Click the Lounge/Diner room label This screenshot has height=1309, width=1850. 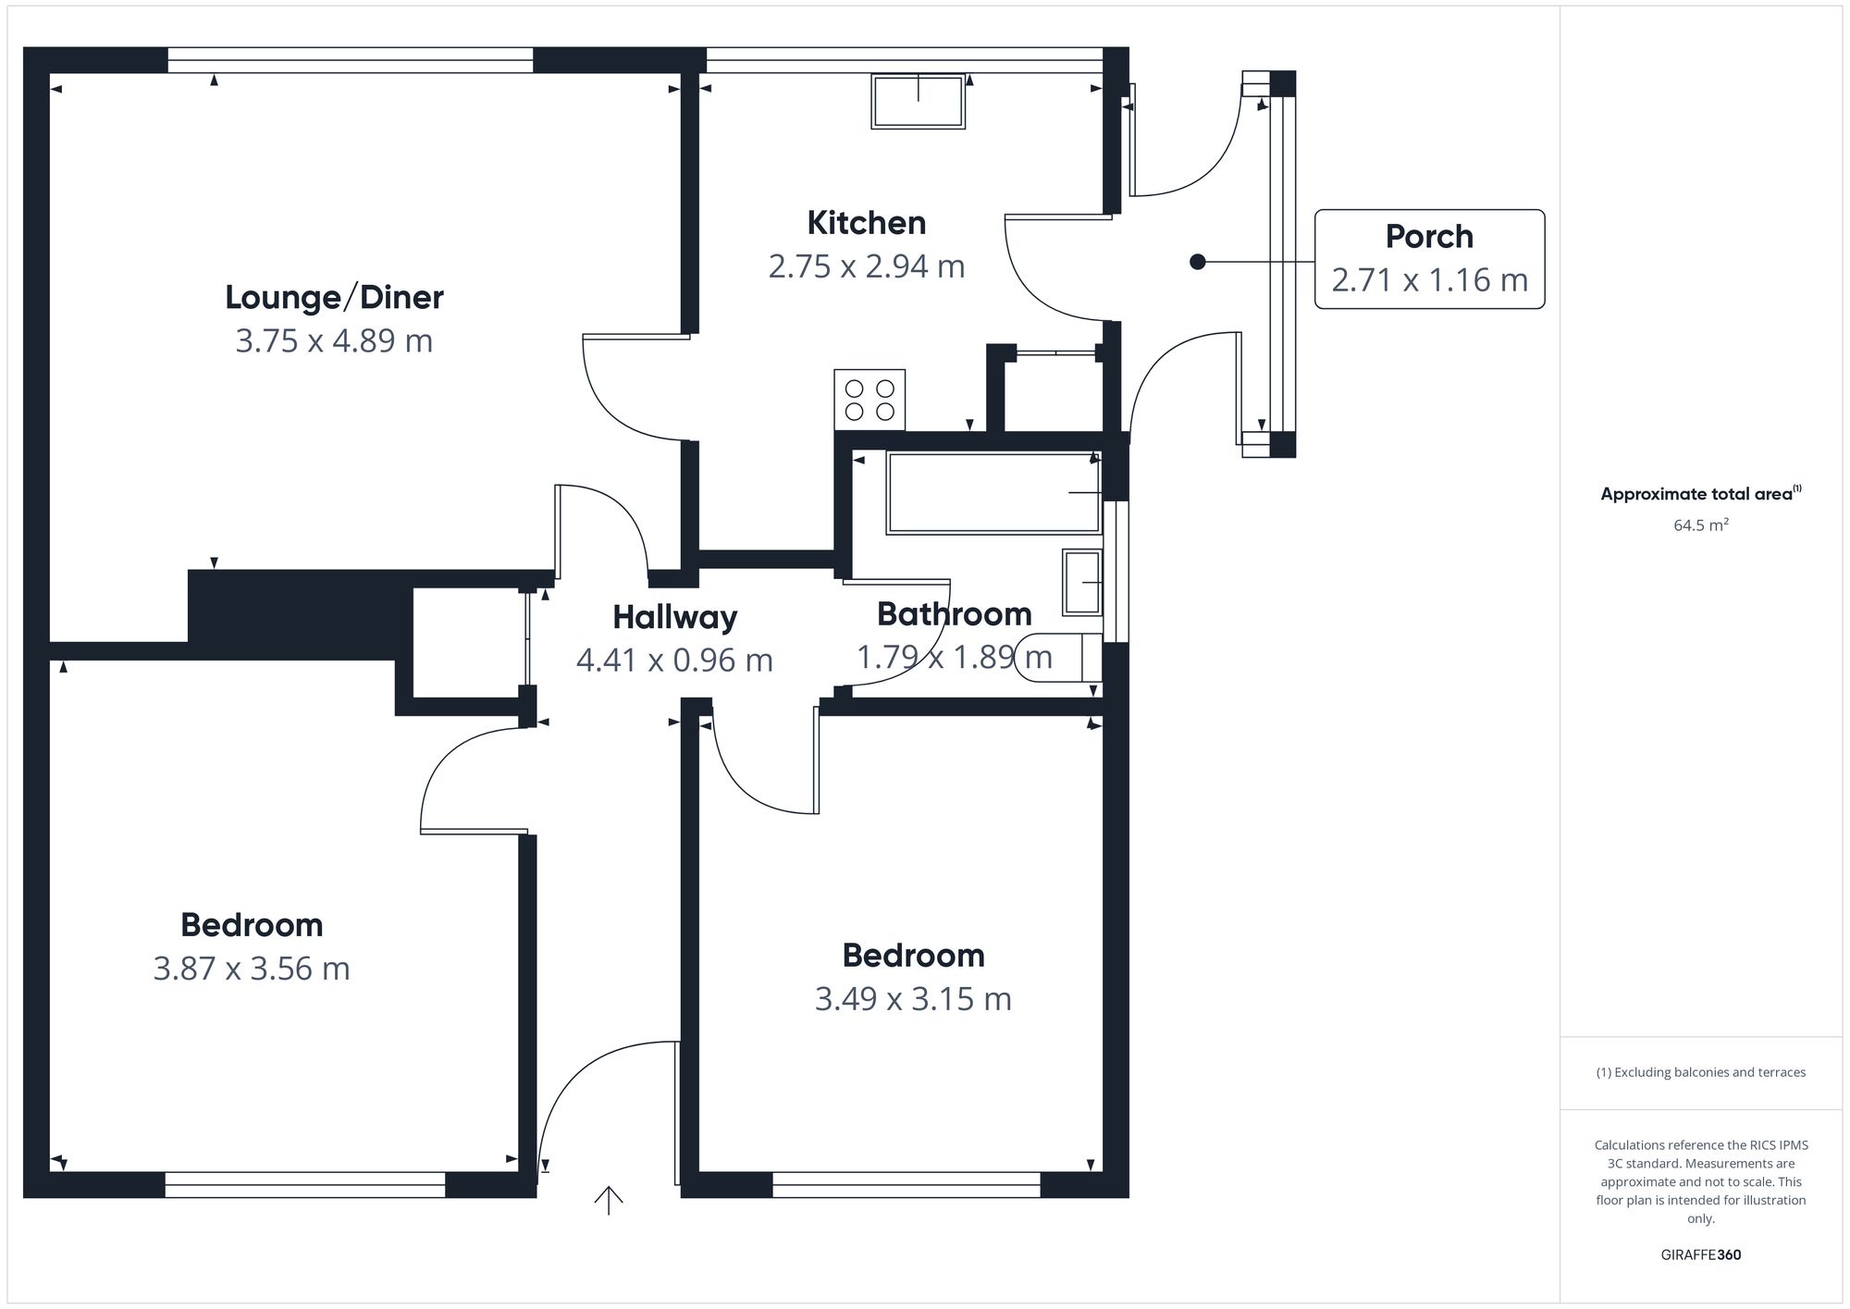pos(334,297)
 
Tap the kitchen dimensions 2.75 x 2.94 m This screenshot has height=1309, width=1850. pos(867,266)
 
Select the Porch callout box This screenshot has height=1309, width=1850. pos(1429,259)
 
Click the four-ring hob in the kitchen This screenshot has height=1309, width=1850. pos(869,400)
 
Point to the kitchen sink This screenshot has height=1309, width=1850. pos(918,101)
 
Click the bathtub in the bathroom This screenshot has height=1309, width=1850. pos(993,492)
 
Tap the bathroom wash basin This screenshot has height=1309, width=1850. pos(1082,582)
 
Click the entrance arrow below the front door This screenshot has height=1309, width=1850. pos(609,1200)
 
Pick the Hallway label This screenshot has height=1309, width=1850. pos(675,617)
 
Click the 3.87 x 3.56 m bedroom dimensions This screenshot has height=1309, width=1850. pos(252,969)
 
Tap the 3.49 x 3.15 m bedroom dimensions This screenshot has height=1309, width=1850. pos(913,999)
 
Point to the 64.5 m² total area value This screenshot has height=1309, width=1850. pos(1701,525)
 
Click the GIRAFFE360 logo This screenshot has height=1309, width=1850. pos(1701,1255)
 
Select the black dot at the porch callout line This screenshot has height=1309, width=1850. pos(1198,262)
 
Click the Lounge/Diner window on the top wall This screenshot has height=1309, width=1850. pos(351,60)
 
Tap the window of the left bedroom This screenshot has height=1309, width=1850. pos(305,1185)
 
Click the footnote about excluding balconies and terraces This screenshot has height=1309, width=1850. pos(1701,1072)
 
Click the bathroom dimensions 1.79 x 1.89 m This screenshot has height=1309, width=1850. pos(955,658)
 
